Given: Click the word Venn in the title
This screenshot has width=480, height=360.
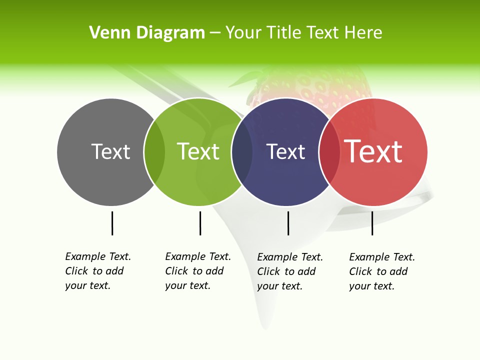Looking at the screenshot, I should click(105, 33).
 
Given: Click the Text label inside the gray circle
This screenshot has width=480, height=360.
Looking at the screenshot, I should click(110, 151).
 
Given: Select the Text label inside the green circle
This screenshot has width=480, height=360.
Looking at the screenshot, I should click(198, 151).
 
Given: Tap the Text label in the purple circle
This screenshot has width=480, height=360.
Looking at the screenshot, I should click(285, 151).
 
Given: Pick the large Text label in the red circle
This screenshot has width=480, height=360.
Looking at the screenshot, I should click(373, 151).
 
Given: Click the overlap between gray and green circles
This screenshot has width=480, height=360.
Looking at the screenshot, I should click(154, 152).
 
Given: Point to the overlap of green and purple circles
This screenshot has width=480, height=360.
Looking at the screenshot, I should click(242, 152).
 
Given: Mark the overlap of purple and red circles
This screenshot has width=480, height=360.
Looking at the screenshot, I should click(329, 152).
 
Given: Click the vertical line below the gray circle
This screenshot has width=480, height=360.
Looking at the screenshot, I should click(112, 223).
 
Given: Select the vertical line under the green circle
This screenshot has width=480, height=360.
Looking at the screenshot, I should click(200, 223).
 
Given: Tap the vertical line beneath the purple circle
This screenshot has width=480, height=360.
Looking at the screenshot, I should click(288, 223).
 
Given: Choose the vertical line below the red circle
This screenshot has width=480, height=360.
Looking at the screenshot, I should click(372, 223).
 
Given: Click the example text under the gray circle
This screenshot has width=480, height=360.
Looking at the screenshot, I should click(98, 271).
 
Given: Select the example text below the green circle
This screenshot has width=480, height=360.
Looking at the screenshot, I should click(198, 271).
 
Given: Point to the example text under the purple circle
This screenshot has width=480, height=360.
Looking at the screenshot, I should click(290, 271).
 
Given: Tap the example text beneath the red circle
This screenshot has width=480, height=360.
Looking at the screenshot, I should click(382, 271).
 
